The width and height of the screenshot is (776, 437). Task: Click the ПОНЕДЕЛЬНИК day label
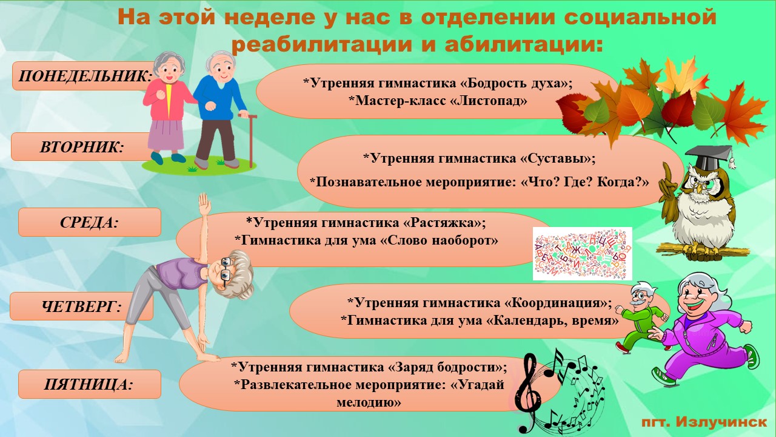pyautogui.click(x=85, y=76)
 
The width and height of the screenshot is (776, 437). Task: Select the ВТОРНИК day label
pyautogui.click(x=82, y=147)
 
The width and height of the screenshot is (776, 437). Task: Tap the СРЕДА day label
pyautogui.click(x=89, y=222)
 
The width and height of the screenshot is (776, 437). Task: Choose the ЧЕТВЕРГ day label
pyautogui.click(x=81, y=307)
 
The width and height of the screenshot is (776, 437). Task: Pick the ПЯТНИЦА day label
pyautogui.click(x=89, y=384)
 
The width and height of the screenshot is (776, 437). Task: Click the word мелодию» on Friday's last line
pyautogui.click(x=369, y=402)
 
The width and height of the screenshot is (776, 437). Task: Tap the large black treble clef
pyautogui.click(x=528, y=392)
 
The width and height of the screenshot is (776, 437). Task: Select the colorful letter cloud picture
pyautogui.click(x=583, y=254)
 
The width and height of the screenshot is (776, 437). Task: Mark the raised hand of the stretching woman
pyautogui.click(x=204, y=203)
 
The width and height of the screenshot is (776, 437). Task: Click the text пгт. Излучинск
pyautogui.click(x=704, y=422)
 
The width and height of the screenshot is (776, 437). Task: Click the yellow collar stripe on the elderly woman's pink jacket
pyautogui.click(x=169, y=100)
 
